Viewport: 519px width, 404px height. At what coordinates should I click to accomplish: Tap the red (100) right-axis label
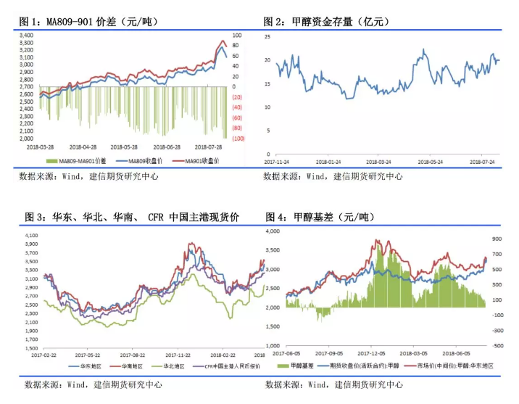coord(237,139)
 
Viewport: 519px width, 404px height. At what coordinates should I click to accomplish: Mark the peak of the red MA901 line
coord(223,41)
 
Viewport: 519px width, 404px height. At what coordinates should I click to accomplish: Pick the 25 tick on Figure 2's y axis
coord(267,36)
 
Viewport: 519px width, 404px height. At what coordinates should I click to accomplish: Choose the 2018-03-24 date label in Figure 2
coord(378,162)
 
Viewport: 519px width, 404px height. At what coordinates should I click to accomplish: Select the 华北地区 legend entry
coord(173,366)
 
